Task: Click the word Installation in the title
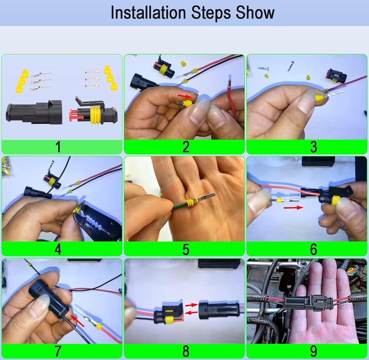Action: pos(149,13)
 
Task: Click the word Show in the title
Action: pos(255,13)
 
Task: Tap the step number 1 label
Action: pos(58,147)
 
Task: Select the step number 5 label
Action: pos(185,249)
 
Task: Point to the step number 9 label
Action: pos(313,351)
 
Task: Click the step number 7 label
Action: pos(58,351)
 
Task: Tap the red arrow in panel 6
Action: pos(293,208)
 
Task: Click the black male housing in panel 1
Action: pos(34,112)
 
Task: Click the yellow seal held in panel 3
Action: pos(320,98)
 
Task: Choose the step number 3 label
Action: pos(313,147)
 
